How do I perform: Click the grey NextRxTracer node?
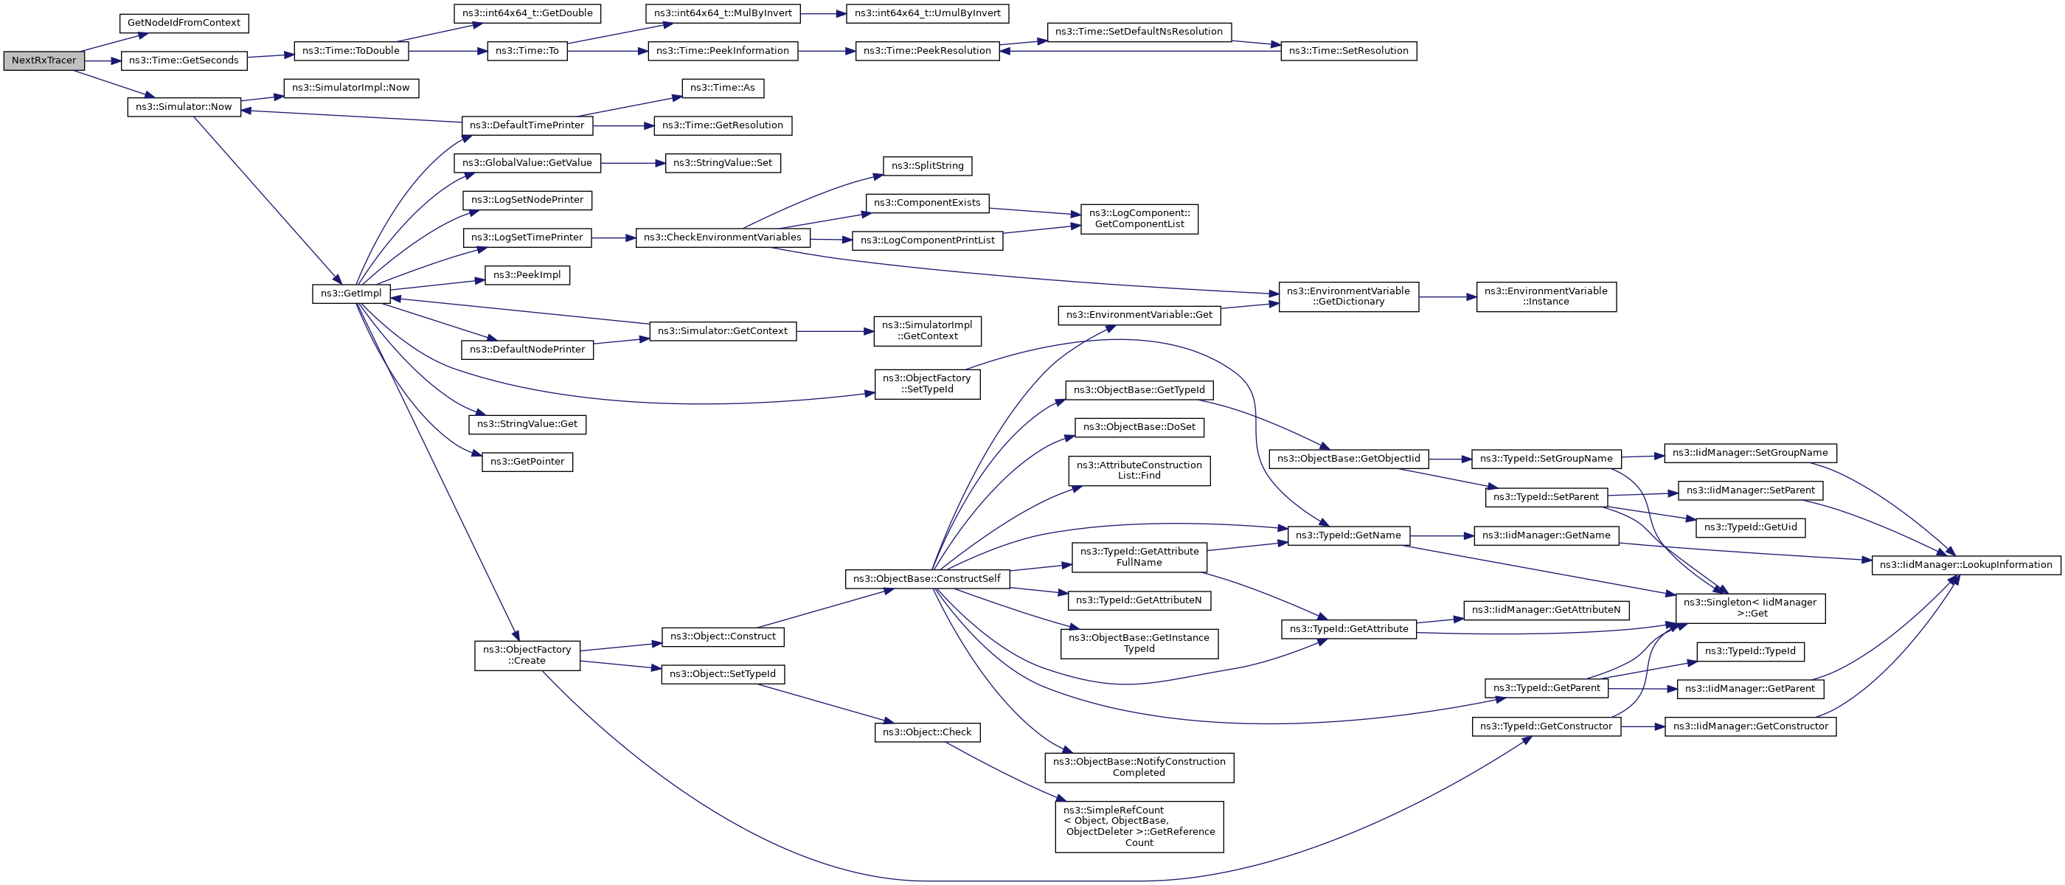click(44, 61)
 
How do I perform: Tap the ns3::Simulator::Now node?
click(184, 107)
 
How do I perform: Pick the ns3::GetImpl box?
click(351, 294)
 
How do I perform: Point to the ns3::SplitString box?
click(928, 166)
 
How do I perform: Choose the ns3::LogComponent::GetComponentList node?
click(1139, 219)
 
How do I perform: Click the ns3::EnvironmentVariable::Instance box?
click(1546, 296)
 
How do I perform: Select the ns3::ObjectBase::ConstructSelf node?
click(927, 579)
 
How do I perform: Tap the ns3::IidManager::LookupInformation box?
click(1965, 565)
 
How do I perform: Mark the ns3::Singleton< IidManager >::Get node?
click(1750, 608)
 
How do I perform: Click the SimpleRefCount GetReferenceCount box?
click(1139, 827)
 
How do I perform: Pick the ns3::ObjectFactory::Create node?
click(527, 656)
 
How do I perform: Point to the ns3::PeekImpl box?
click(527, 275)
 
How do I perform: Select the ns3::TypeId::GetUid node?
click(1750, 527)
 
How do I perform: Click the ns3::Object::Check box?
click(927, 732)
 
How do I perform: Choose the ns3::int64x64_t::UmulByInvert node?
click(928, 13)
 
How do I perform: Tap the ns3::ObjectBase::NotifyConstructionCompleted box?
click(1139, 767)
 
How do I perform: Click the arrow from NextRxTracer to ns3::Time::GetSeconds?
click(103, 61)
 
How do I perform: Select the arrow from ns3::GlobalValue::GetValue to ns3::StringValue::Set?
click(634, 164)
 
